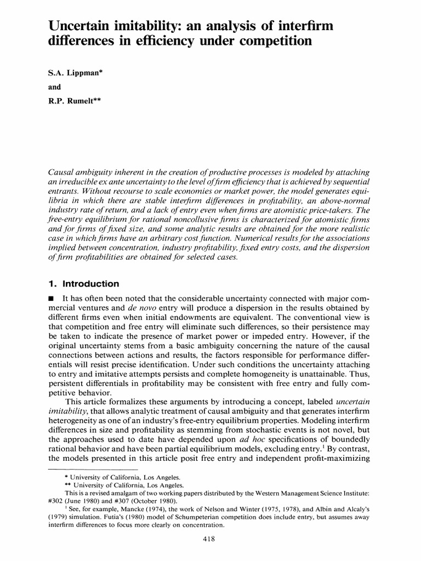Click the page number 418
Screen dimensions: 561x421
210,539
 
